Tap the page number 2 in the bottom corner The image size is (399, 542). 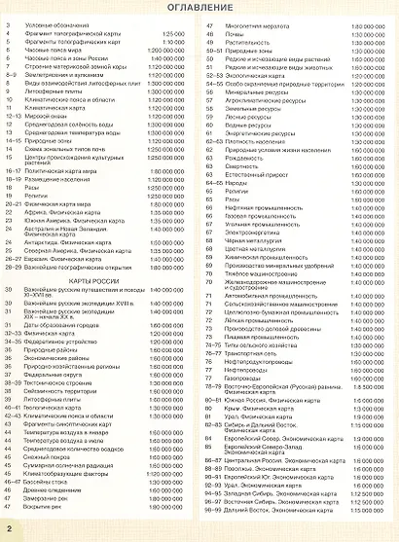point(9,527)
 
